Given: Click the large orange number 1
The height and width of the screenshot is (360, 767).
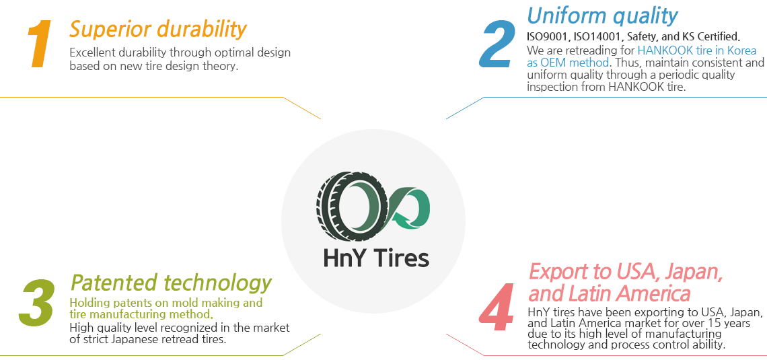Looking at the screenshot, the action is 40,44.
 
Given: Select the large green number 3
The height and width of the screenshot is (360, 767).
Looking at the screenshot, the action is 37,303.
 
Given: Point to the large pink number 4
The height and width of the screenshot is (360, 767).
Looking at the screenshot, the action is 497,307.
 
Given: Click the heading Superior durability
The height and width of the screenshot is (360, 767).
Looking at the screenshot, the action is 158,30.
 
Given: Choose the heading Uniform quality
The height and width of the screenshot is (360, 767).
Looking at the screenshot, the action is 602,15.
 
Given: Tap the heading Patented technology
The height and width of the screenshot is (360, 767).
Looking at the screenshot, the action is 171,283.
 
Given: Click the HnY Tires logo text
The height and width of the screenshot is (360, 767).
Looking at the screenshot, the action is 376,258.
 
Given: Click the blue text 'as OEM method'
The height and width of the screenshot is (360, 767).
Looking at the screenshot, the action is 567,63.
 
